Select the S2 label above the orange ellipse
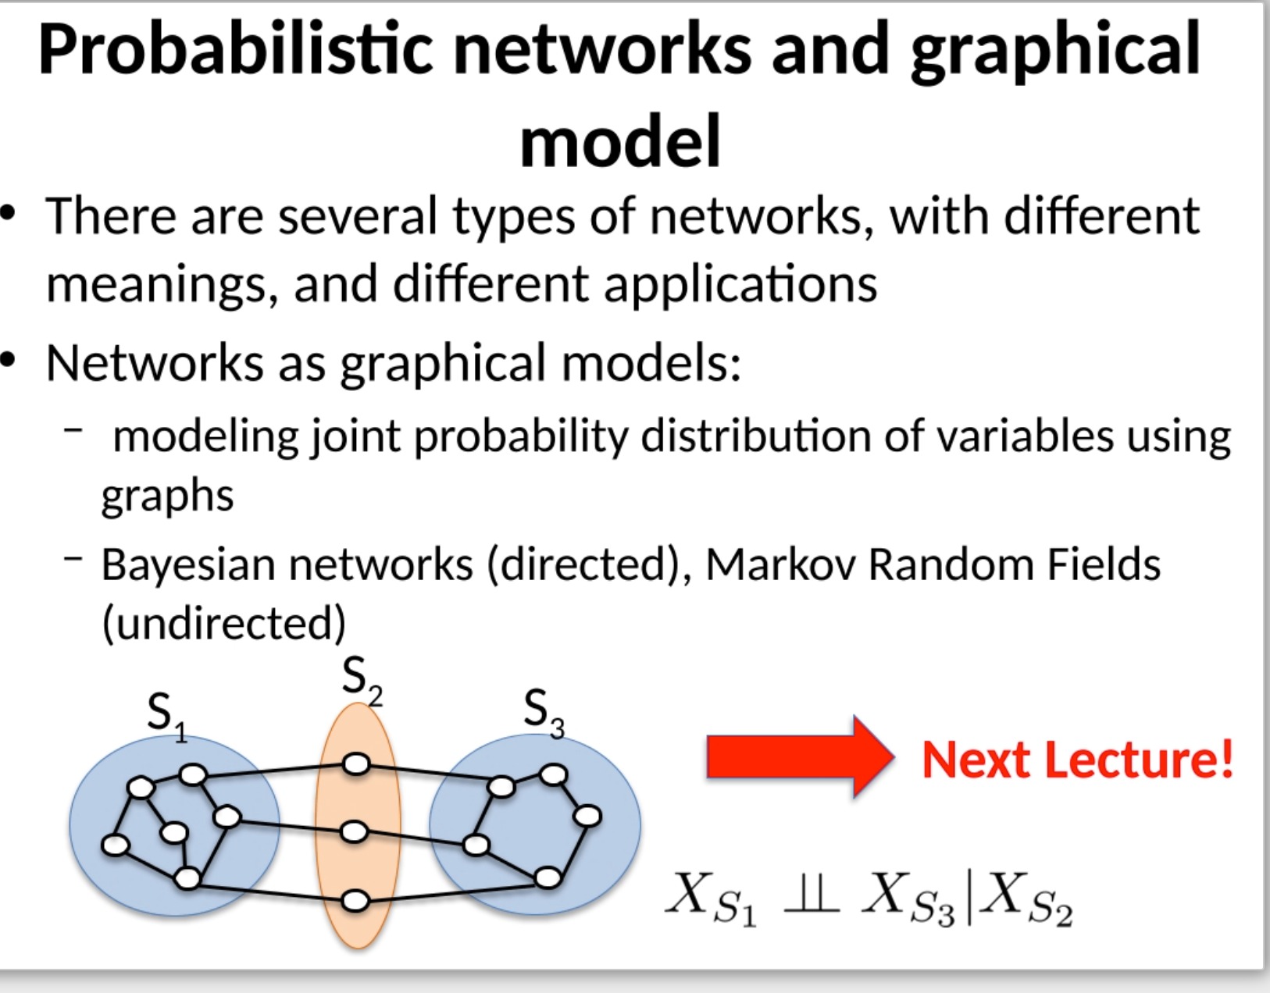pos(362,678)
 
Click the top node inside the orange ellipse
pos(356,763)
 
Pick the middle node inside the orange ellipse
pos(354,832)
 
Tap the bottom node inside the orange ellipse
pos(355,902)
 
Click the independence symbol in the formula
pos(811,895)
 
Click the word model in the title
pos(620,141)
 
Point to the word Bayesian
pos(188,564)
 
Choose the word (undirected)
pos(223,623)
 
